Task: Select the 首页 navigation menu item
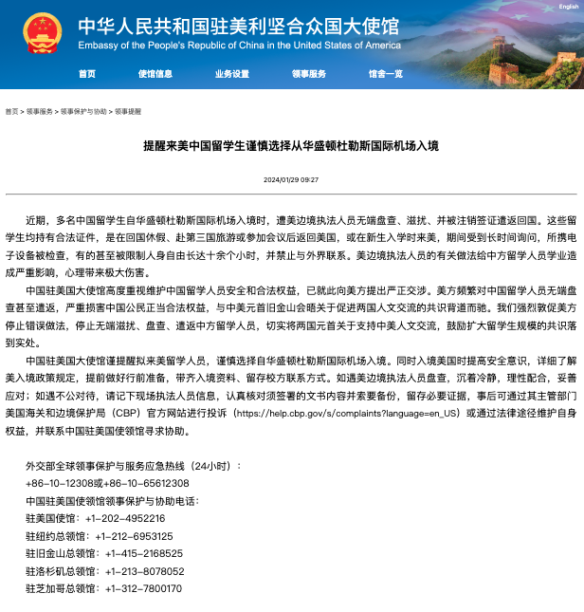click(87, 74)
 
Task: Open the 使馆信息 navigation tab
click(155, 74)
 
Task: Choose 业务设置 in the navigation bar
click(232, 74)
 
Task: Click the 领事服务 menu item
click(309, 74)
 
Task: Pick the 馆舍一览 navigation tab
click(386, 74)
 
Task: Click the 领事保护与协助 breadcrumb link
click(83, 111)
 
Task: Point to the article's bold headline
click(292, 147)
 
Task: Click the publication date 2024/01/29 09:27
click(291, 179)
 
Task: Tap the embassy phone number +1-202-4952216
click(125, 518)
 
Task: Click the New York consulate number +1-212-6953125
click(139, 536)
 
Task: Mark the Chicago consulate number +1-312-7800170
click(139, 588)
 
